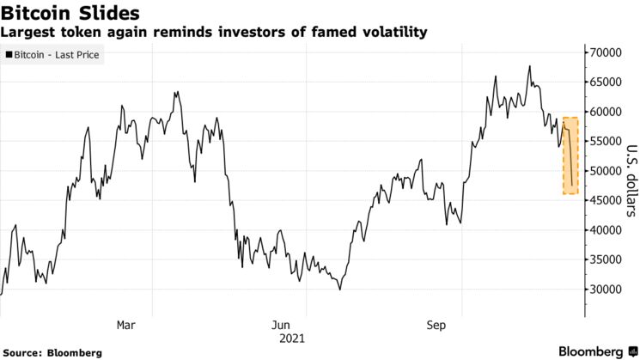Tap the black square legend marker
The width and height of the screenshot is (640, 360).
[x=9, y=55]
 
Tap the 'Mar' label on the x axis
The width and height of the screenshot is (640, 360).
[x=125, y=325]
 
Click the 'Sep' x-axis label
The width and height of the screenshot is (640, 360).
[x=436, y=325]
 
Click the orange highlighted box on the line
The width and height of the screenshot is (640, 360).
[x=570, y=156]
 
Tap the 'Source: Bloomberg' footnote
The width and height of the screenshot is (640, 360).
[x=52, y=352]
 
